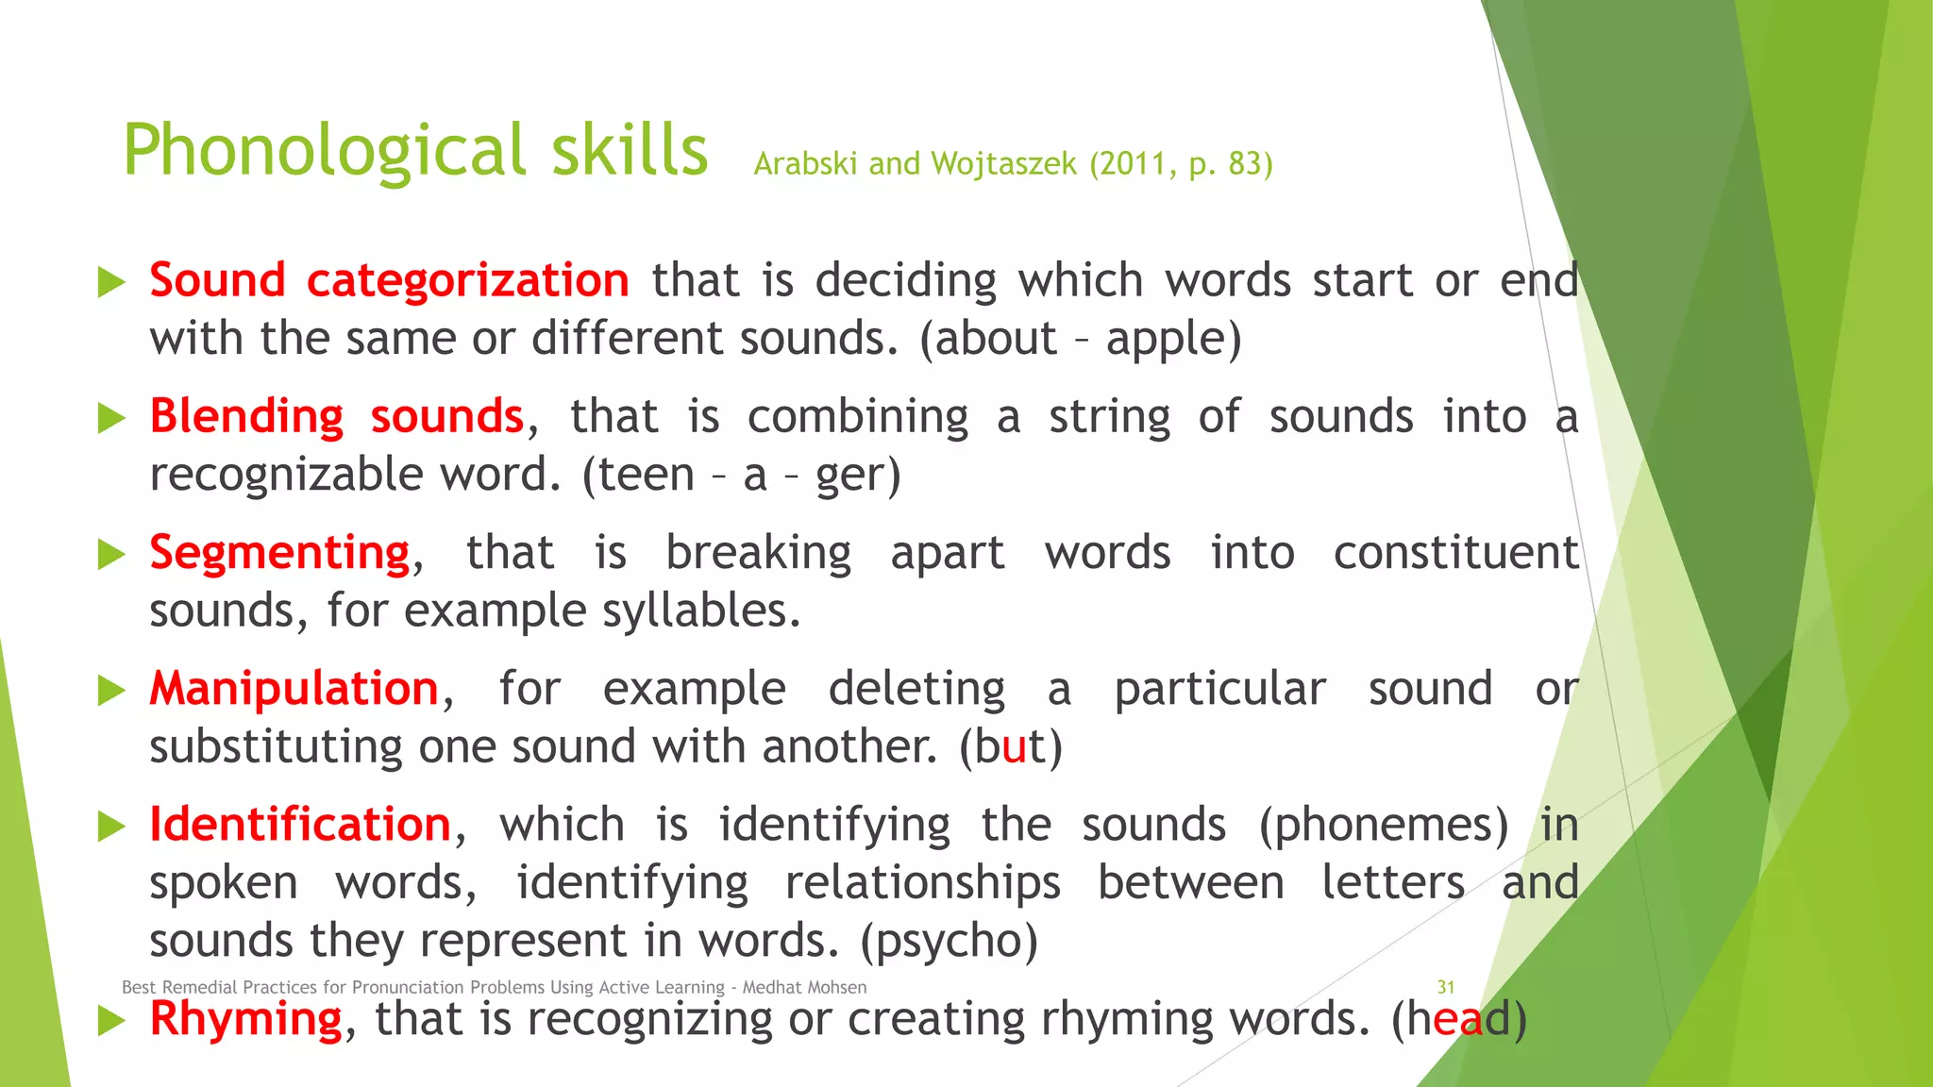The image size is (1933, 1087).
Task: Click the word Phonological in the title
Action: point(325,151)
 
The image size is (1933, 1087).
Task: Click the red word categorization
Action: point(467,281)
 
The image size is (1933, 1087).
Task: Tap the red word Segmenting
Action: point(279,553)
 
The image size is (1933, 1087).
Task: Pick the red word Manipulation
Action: point(294,689)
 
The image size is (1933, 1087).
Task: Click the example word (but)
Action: point(1011,747)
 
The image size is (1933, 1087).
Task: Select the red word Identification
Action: point(300,825)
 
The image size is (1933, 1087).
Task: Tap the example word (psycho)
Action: point(949,942)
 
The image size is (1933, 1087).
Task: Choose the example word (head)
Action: point(1458,1019)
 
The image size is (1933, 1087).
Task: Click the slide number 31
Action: point(1445,987)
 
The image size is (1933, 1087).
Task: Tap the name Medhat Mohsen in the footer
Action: point(804,987)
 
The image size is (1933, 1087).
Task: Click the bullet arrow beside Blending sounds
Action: point(111,418)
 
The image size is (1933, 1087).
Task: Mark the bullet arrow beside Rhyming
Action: point(111,1020)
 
